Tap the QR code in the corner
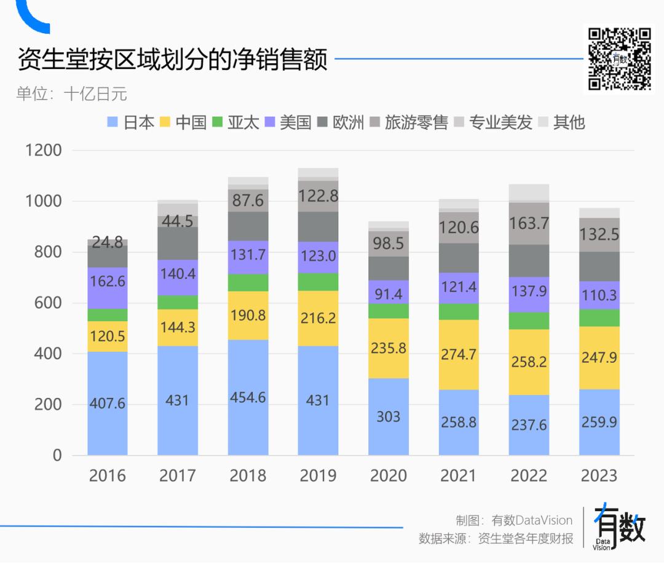click(x=619, y=58)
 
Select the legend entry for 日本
click(x=131, y=122)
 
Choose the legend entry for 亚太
click(x=236, y=122)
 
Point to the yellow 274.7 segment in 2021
click(x=459, y=354)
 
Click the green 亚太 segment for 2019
click(x=318, y=282)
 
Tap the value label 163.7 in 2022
click(x=529, y=223)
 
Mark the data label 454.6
click(x=248, y=397)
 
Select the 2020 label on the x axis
click(x=388, y=475)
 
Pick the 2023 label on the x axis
click(x=599, y=475)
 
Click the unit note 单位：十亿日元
click(x=71, y=94)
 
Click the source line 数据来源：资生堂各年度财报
click(x=496, y=539)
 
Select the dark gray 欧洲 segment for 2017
click(x=178, y=244)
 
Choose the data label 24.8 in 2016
click(x=108, y=242)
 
